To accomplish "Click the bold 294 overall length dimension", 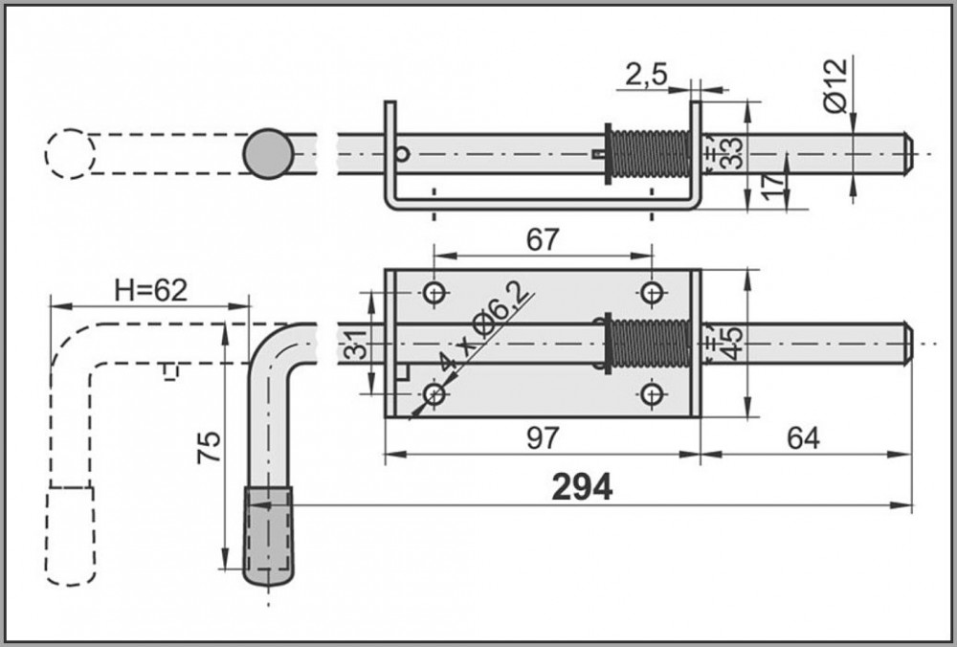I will pos(582,487).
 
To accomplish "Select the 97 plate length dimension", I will pos(542,438).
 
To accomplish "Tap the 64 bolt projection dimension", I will pos(804,438).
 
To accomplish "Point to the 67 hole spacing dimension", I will pos(542,240).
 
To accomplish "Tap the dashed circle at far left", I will pos(70,153).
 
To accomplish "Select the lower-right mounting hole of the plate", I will pos(653,392).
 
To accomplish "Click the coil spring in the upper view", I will pos(649,153).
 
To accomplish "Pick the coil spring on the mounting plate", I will pos(649,343).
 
